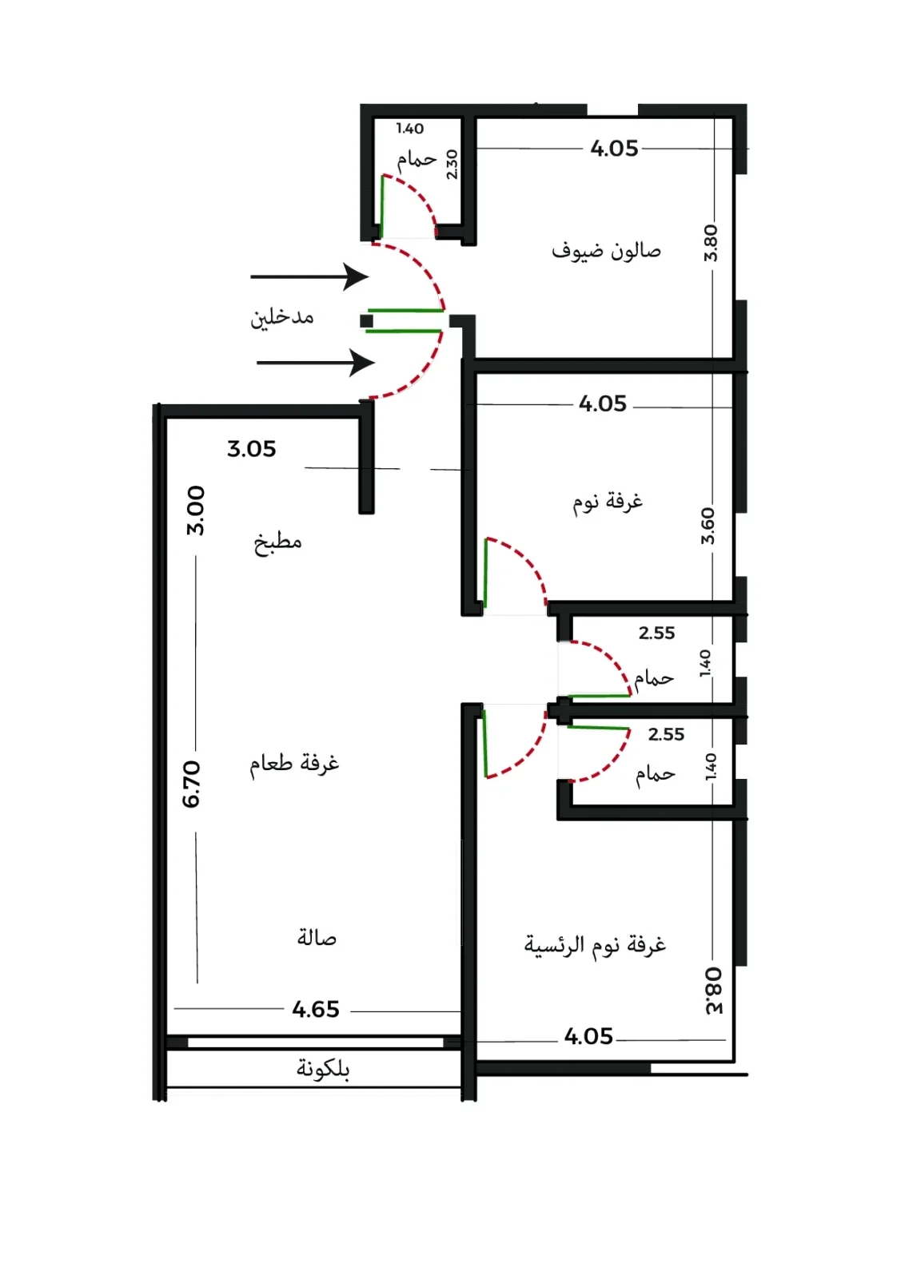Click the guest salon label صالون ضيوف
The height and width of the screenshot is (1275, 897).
point(606,251)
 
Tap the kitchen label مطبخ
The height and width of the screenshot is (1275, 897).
point(277,542)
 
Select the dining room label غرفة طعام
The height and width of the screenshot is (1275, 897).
point(294,762)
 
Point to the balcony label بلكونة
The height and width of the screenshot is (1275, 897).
point(322,1069)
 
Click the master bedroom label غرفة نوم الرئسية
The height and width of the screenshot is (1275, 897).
point(595,945)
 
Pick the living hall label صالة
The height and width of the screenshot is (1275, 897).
point(317,937)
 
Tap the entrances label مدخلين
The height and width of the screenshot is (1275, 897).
point(282,318)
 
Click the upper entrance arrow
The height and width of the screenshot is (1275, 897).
point(309,276)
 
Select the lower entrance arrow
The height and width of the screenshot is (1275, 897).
point(316,363)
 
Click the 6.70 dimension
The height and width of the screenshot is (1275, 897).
point(191,784)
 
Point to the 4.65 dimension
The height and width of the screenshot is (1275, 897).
point(316,1009)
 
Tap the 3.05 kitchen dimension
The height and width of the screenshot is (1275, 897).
point(251,448)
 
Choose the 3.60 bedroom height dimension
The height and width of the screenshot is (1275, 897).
point(708,526)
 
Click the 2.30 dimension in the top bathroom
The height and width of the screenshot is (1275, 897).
point(452,165)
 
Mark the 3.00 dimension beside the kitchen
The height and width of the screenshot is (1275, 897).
point(195,510)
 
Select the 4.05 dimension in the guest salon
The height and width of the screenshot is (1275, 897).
point(614,149)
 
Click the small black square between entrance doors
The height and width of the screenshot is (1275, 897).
point(366,321)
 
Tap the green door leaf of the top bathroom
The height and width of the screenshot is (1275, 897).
point(381,207)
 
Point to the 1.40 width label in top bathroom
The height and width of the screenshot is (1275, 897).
point(410,129)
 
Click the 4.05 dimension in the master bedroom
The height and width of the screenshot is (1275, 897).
point(588,1036)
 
